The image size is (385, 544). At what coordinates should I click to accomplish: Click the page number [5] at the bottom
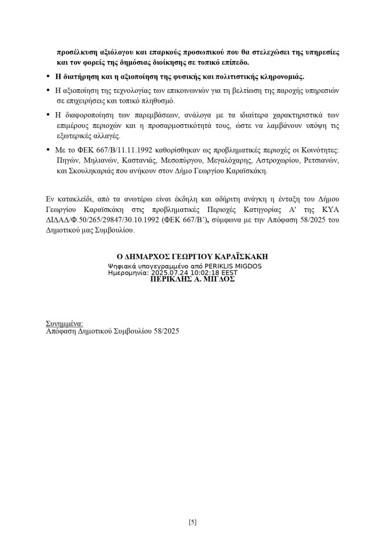pos(192,522)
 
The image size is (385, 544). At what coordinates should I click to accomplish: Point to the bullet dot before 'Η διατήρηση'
pos(49,76)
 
